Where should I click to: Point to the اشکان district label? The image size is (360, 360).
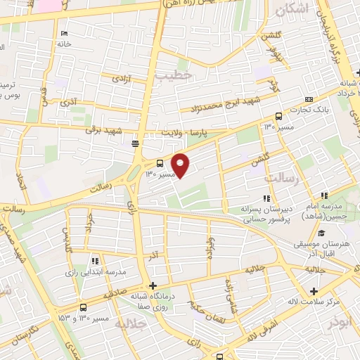tap(292, 9)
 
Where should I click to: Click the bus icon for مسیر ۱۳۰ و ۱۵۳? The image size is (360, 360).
tap(84, 307)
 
